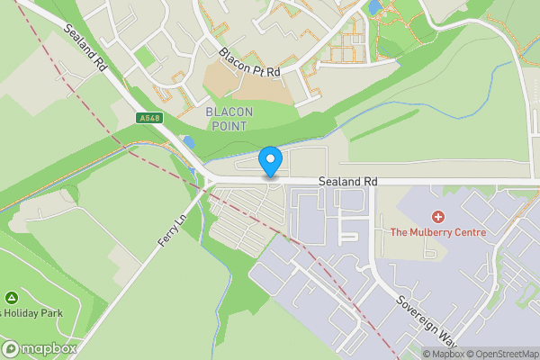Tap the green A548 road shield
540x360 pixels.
(x=150, y=118)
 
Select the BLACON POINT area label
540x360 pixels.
(x=229, y=118)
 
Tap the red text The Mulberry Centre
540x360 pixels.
(x=437, y=232)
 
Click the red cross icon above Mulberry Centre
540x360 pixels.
(x=438, y=217)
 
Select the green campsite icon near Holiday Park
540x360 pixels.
(x=11, y=298)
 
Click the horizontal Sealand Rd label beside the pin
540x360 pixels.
(x=346, y=183)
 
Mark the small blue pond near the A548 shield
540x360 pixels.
(x=187, y=141)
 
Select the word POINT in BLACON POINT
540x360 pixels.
(x=229, y=126)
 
